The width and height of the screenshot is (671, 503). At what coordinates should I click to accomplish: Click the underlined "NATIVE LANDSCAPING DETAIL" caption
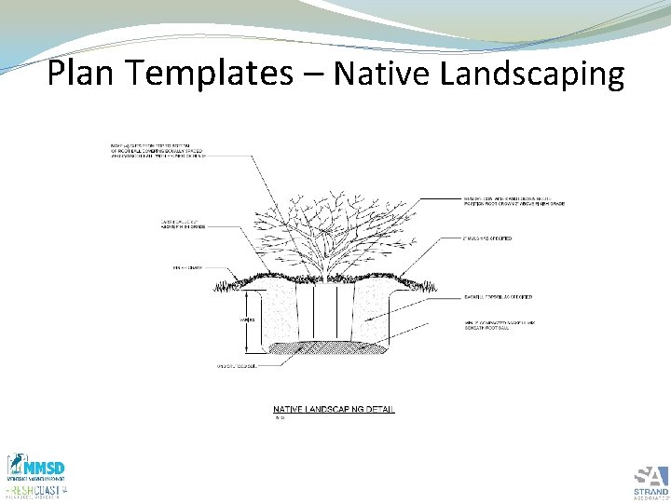(333, 409)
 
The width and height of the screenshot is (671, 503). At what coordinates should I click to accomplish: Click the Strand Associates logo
(650, 479)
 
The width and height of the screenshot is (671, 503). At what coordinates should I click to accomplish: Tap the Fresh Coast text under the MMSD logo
(37, 489)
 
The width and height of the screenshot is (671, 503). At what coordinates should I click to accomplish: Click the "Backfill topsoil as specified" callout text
(498, 296)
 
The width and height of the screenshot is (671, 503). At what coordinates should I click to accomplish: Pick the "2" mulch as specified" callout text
(487, 239)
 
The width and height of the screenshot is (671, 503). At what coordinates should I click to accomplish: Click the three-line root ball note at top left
(156, 151)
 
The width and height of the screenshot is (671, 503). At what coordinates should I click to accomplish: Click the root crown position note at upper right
(514, 200)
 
